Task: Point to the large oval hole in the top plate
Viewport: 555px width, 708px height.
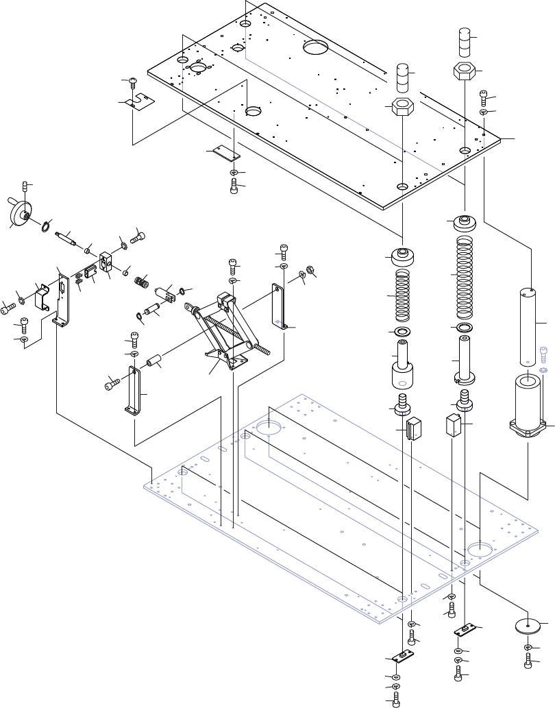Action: point(316,47)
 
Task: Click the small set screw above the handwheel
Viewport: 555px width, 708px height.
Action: point(27,186)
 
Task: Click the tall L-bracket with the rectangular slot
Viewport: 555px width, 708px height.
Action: point(64,299)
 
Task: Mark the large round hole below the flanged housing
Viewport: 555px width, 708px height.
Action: point(480,549)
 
